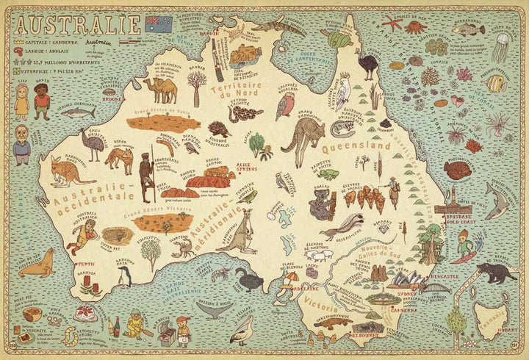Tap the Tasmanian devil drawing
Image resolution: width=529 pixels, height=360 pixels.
pyautogui.click(x=503, y=273)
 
